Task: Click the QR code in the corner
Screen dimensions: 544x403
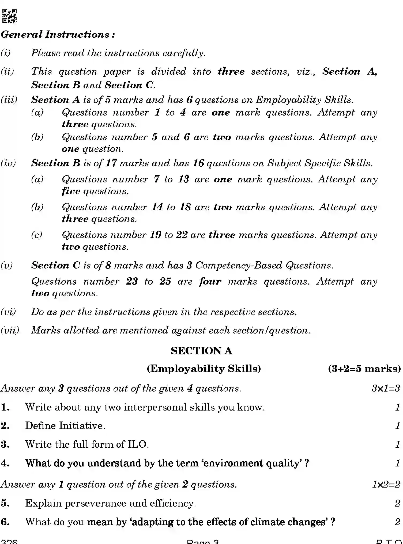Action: [x=9, y=16]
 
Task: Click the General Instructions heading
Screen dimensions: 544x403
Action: [x=58, y=35]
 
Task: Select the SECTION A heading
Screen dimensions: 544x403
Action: [x=201, y=351]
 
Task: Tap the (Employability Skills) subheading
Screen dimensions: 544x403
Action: [x=204, y=369]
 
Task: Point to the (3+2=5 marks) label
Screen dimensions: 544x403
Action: [x=364, y=369]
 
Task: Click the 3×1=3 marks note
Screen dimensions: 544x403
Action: [x=386, y=388]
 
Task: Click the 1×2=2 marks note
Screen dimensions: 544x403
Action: [x=386, y=484]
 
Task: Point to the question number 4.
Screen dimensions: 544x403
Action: [x=5, y=463]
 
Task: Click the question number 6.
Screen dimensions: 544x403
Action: [x=5, y=522]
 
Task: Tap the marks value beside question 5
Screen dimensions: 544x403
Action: [x=397, y=503]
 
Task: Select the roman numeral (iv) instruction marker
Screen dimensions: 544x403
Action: [x=8, y=163]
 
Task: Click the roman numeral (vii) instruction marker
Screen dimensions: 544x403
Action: [x=10, y=330]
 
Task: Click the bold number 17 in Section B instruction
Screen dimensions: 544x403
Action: [x=111, y=163]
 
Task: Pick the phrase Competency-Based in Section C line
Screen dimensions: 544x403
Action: [x=239, y=265]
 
